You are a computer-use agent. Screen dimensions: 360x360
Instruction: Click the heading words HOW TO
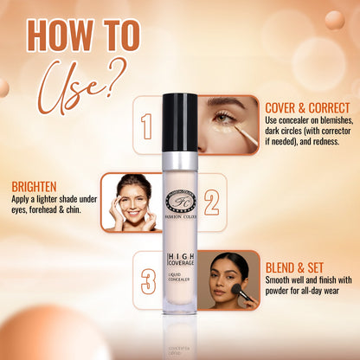click(81, 37)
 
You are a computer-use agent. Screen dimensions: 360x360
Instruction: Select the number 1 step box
click(147, 125)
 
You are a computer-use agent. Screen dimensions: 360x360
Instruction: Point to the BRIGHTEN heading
click(35, 185)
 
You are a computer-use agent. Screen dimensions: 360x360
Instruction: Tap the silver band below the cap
click(180, 158)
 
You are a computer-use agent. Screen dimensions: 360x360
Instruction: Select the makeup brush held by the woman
click(244, 293)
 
